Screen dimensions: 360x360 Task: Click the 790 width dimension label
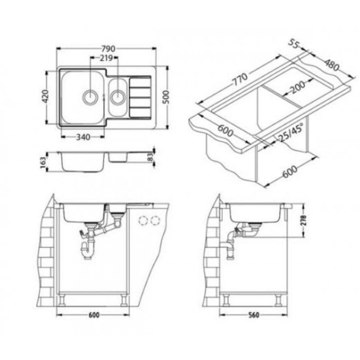coord(108,48)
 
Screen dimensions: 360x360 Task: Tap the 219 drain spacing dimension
coord(106,58)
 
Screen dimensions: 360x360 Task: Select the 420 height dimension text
coord(45,96)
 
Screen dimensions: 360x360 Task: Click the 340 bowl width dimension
coord(83,137)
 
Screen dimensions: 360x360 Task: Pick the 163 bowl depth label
coord(43,162)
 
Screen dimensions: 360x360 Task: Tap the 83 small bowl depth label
coord(150,158)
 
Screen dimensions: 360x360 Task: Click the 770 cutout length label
coord(240,79)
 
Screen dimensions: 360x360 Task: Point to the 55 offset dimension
coord(294,44)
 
